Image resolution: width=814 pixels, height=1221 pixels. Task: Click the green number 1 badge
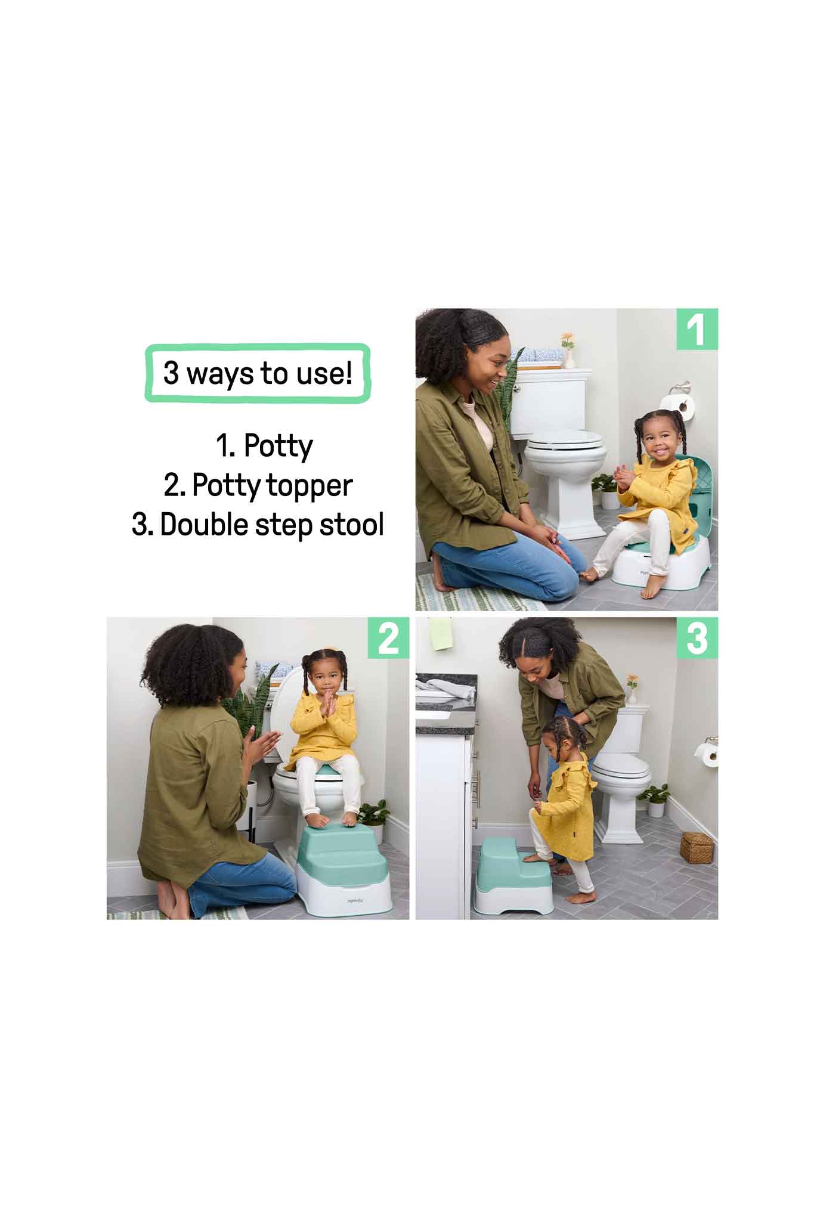point(697,329)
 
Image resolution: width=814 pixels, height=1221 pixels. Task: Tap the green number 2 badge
point(388,638)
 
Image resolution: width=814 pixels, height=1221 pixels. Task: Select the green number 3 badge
point(697,638)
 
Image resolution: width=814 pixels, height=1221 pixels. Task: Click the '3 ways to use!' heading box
point(258,374)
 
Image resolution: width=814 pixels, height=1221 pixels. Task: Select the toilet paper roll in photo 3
point(710,755)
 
